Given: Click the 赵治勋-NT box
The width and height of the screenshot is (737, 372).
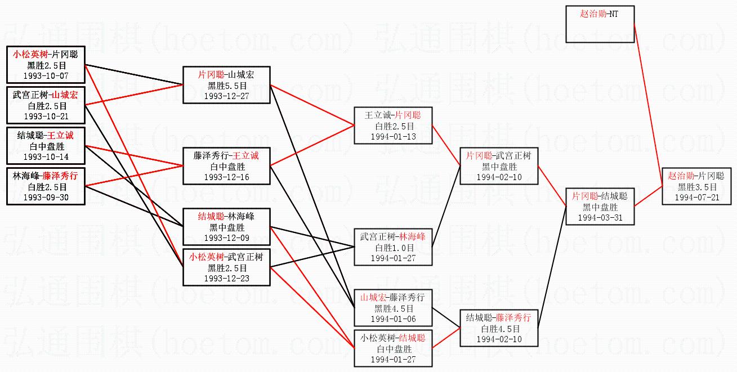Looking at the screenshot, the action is [600, 24].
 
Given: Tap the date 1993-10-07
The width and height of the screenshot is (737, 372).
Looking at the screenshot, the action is [46, 74].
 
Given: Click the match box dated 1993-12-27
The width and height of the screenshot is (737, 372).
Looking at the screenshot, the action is [226, 84].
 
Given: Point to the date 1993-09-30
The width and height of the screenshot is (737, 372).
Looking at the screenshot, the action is [46, 198].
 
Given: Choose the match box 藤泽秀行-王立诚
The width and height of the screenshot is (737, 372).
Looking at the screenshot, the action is [226, 165].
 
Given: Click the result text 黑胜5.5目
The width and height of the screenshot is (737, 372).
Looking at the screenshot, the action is [226, 85].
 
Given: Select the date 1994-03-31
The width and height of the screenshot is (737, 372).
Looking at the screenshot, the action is [599, 218].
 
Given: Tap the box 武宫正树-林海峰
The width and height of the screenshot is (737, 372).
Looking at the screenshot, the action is [393, 246].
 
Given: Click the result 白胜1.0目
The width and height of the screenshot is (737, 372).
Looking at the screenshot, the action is [393, 247].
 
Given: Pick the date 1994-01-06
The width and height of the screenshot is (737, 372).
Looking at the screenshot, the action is [393, 319].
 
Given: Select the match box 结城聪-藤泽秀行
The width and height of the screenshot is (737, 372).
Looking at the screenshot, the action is [498, 328].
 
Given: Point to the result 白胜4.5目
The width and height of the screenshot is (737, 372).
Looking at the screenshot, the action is [498, 328].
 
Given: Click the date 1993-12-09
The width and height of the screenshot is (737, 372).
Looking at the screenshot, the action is [226, 238].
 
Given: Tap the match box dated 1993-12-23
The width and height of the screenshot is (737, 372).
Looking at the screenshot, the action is [226, 267].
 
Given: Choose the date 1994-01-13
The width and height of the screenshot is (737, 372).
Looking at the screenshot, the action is [393, 137].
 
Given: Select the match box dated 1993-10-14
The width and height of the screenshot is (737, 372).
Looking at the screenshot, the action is [46, 146].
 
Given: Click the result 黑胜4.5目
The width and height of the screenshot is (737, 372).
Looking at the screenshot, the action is [393, 308].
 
